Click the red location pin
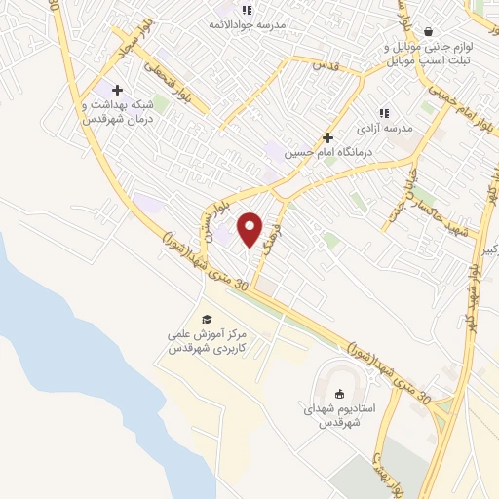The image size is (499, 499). (250, 229)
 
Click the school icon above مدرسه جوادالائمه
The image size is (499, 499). (246, 10)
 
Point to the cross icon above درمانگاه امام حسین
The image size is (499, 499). (328, 138)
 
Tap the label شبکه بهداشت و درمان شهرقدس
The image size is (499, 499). (115, 111)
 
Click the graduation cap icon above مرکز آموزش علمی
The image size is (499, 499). (206, 319)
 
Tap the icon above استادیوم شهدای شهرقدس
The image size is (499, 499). (339, 394)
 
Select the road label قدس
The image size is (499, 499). (325, 65)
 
